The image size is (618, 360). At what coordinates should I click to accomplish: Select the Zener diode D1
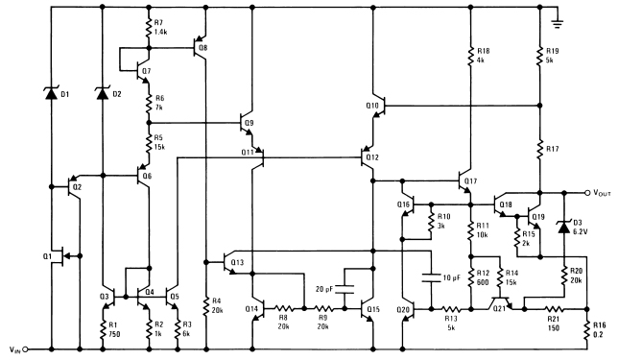(49, 93)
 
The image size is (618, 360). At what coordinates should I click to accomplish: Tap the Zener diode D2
(102, 93)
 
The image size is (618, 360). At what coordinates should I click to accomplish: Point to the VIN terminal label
(16, 349)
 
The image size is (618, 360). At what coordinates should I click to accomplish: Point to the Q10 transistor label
(373, 105)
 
